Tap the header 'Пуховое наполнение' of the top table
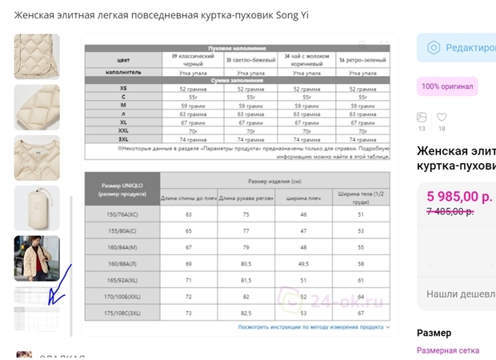coord(238,49)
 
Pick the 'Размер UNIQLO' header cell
coord(122,190)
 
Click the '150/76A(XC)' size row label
coord(122,214)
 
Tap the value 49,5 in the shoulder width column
coord(304,262)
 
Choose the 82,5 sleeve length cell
coord(246,313)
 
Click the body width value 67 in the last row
coord(361,313)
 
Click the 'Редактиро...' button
coord(460,47)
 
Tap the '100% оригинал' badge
coord(447,86)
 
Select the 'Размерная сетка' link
coord(448,350)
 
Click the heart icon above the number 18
coord(442,118)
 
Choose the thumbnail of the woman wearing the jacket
coord(37,258)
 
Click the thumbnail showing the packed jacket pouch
coord(37,208)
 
